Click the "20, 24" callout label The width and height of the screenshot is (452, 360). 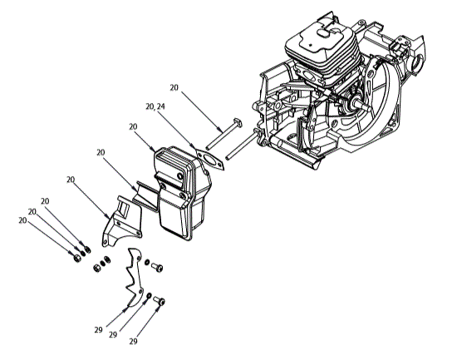pos(155,106)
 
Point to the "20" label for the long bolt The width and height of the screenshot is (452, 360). pos(174,86)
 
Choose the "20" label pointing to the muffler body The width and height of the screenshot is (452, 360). pos(134,126)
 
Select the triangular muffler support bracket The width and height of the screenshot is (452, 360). pos(116,219)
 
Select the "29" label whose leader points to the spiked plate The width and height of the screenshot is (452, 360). pos(98,329)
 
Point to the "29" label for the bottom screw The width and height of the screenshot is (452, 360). pos(132,341)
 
